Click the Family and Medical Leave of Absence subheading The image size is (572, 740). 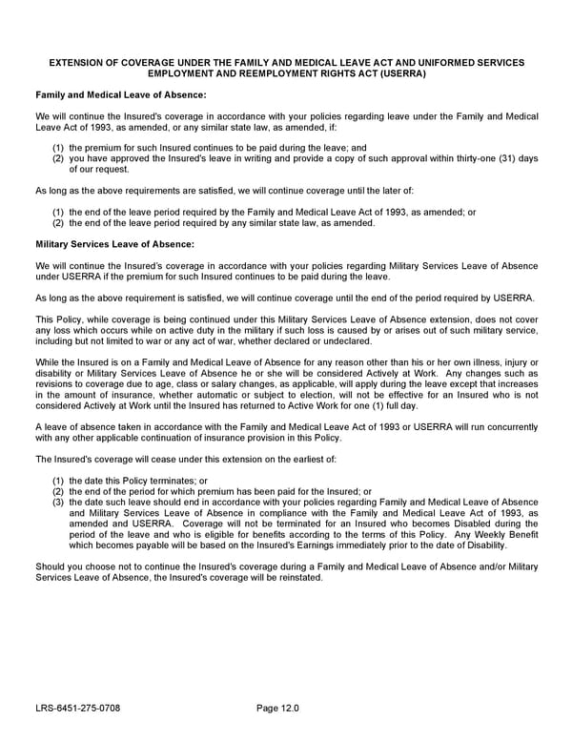pyautogui.click(x=120, y=95)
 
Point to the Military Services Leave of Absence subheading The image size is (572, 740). pyautogui.click(x=114, y=244)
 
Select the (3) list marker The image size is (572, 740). pyautogui.click(x=58, y=503)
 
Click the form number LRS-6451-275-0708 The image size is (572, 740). pyautogui.click(x=78, y=709)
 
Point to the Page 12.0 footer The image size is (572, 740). pyautogui.click(x=277, y=709)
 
